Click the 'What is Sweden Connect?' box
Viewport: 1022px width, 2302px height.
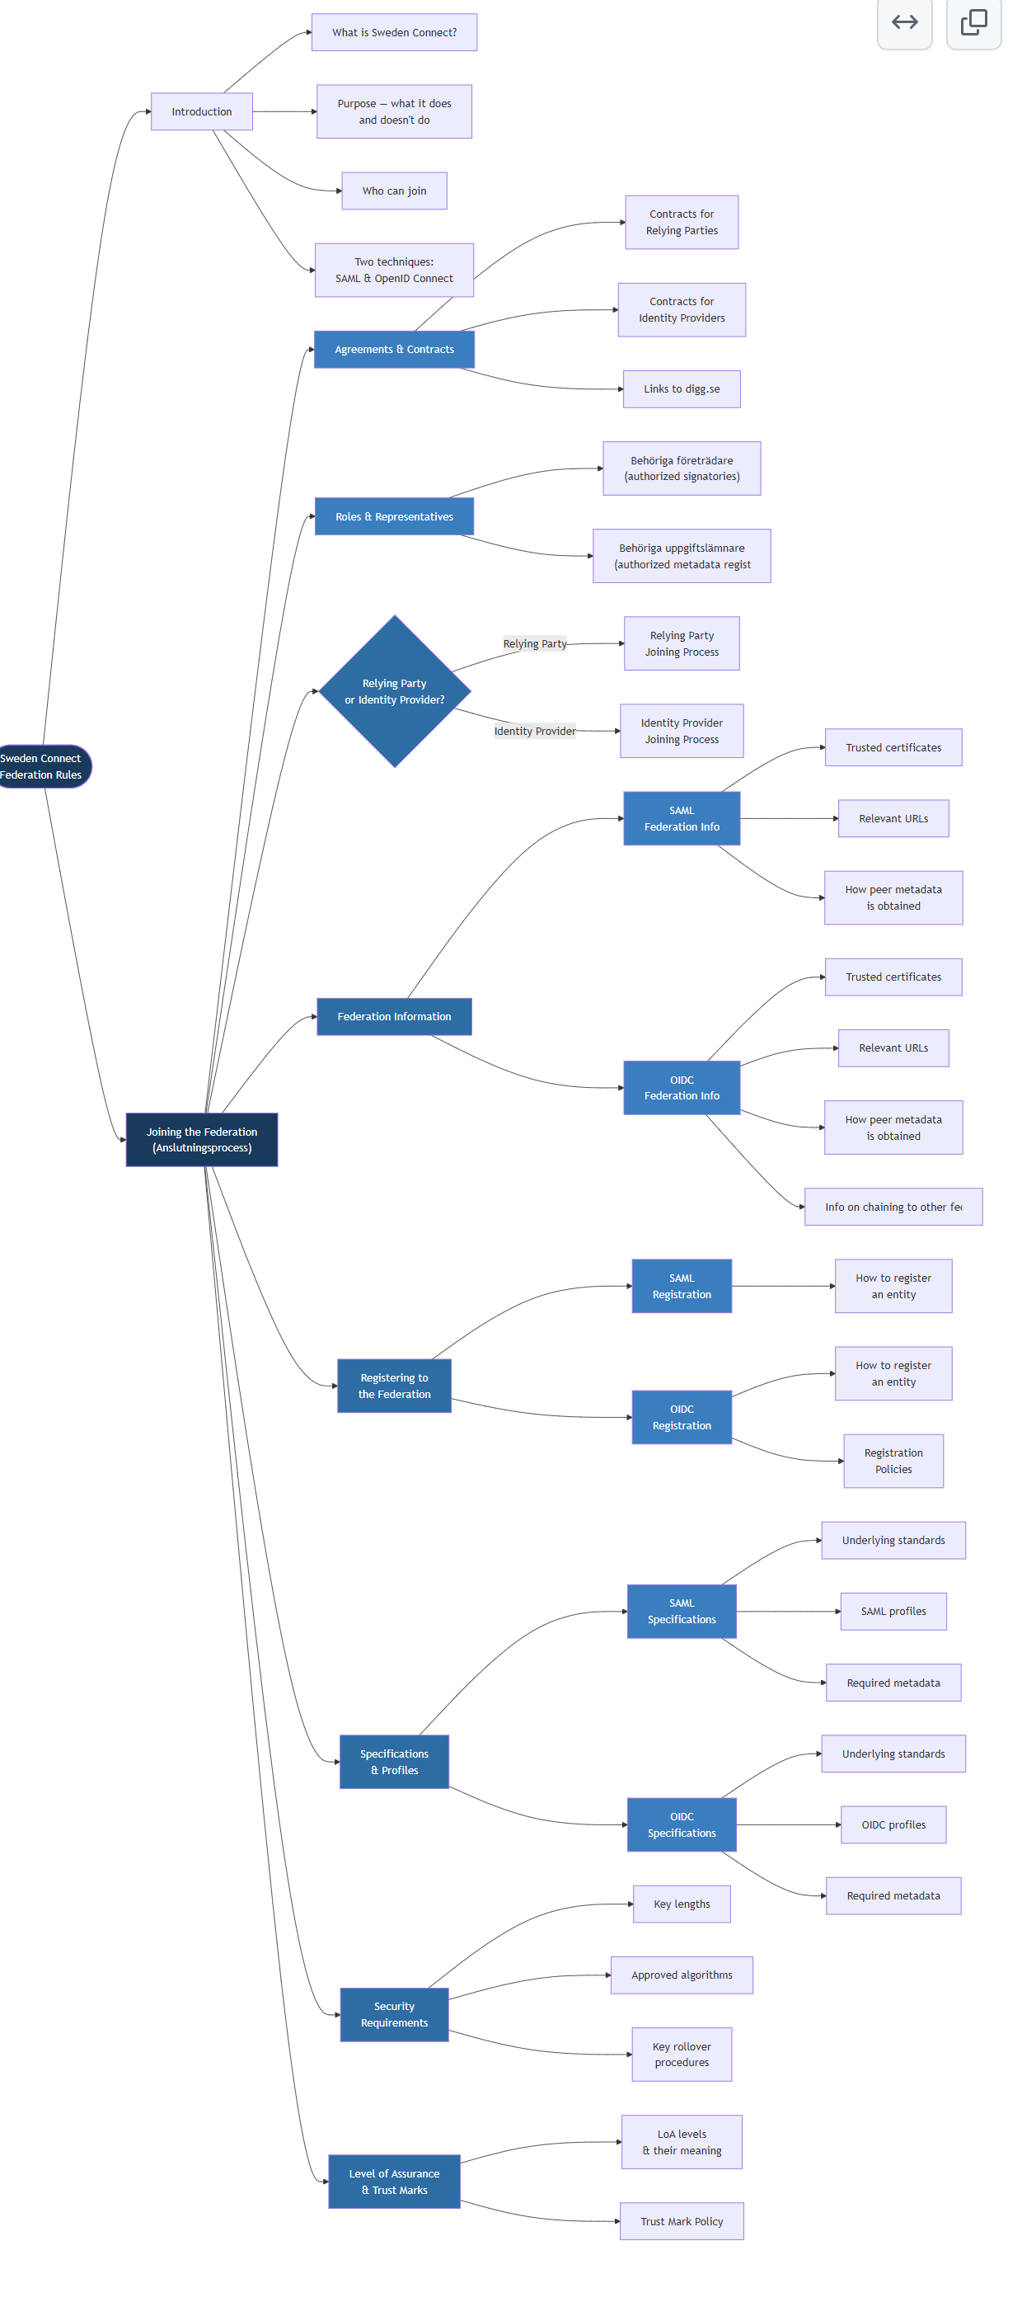[394, 32]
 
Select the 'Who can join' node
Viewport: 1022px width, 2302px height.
[394, 191]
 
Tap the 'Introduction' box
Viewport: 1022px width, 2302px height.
[201, 111]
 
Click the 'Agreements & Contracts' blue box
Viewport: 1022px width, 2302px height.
[394, 350]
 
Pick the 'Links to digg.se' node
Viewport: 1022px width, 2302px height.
[681, 388]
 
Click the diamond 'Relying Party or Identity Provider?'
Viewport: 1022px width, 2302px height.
[394, 691]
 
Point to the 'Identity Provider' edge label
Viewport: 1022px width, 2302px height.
[534, 731]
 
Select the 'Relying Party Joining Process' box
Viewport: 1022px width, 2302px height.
[681, 643]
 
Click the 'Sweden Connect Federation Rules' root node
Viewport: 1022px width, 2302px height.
[42, 767]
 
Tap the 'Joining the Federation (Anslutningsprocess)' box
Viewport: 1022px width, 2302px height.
[201, 1139]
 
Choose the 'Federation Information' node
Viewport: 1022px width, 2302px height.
[394, 1016]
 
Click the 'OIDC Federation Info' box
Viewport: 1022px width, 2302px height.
[681, 1088]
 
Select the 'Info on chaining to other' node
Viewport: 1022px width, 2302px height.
[893, 1207]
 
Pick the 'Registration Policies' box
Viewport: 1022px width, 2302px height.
[893, 1460]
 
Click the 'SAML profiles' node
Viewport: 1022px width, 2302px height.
[893, 1611]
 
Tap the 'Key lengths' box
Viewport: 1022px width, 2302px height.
[681, 1904]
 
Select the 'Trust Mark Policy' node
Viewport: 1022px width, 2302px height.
[681, 2220]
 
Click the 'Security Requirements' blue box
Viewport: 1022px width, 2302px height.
[394, 2014]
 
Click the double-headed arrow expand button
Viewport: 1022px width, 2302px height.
[904, 22]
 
